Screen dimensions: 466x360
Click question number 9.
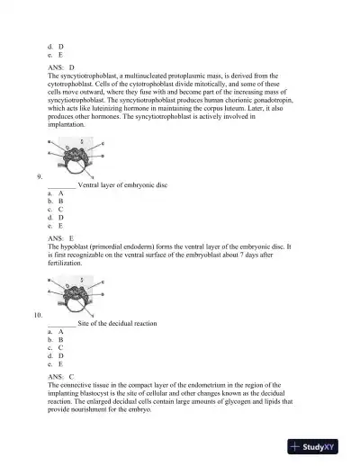coord(37,177)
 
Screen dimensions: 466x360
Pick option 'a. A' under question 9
coord(55,193)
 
